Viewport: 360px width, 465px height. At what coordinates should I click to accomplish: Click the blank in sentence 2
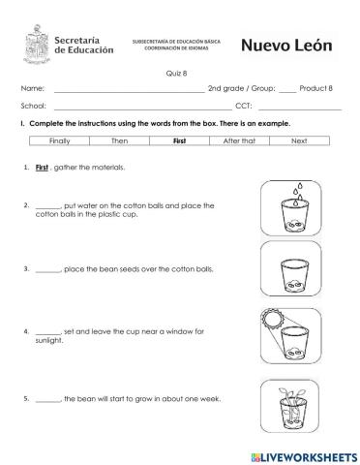tap(47, 206)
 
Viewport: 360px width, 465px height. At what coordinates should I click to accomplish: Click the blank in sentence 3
tap(47, 268)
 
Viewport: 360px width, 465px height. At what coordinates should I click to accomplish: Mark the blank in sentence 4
tap(47, 331)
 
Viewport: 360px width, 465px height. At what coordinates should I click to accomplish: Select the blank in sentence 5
tap(47, 399)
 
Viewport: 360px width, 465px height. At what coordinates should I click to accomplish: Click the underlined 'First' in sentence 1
tap(42, 168)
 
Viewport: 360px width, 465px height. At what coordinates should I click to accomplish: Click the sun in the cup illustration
tap(274, 319)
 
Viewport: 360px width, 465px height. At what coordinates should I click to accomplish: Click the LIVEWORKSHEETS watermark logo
tap(296, 454)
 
